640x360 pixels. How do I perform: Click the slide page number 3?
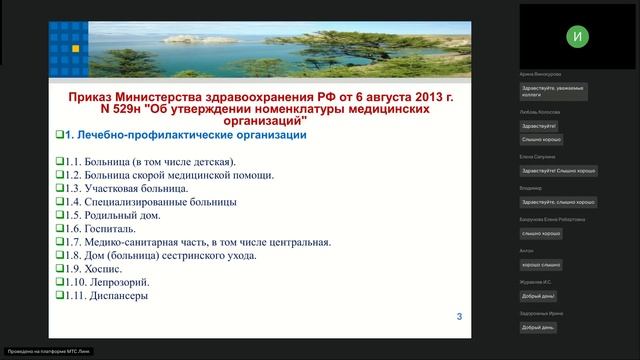459,317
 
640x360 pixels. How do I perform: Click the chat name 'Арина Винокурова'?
540,74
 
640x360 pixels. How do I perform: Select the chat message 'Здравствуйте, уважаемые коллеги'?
551,91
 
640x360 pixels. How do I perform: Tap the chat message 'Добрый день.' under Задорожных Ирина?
538,328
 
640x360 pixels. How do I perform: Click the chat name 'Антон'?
527,251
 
